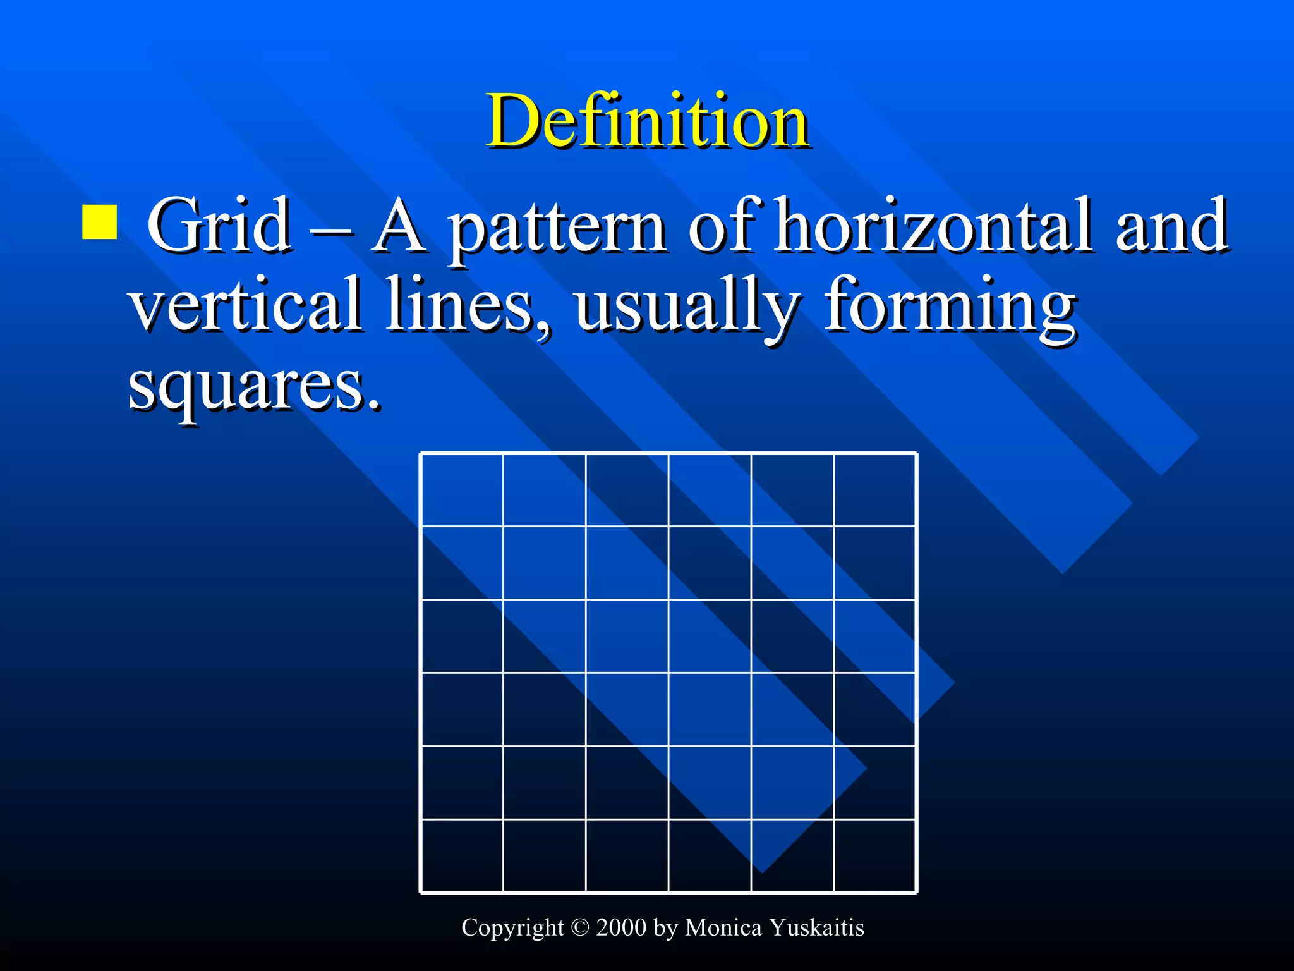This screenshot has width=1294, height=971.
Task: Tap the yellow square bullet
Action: pyautogui.click(x=99, y=222)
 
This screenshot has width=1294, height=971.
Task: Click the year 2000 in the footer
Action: pyautogui.click(x=621, y=927)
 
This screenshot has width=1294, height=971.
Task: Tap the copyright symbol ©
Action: pyautogui.click(x=579, y=927)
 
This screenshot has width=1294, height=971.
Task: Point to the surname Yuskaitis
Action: pyautogui.click(x=816, y=927)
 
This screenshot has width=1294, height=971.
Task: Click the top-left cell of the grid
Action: pyautogui.click(x=462, y=490)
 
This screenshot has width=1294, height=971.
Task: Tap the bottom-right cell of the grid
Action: pyautogui.click(x=875, y=855)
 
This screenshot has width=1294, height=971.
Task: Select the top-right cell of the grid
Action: pyautogui.click(x=875, y=490)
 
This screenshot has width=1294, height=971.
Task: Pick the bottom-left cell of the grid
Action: pyautogui.click(x=462, y=855)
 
